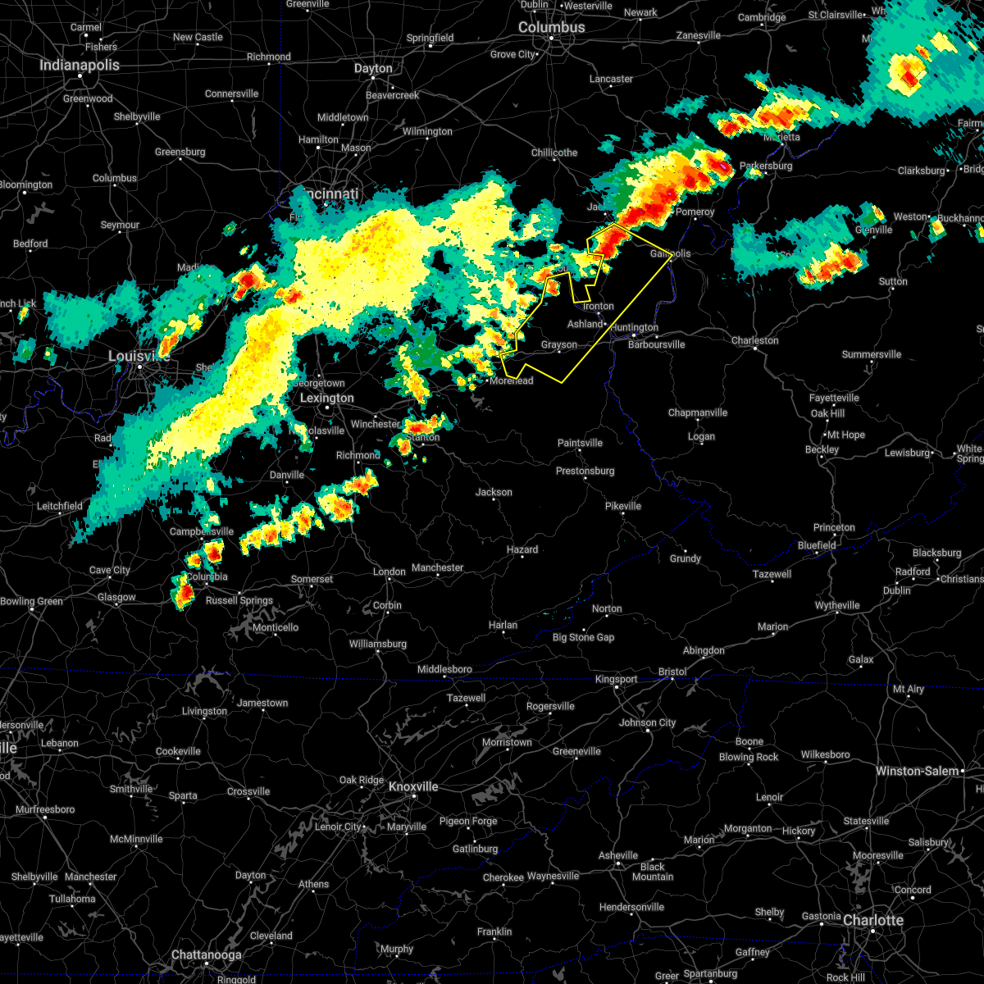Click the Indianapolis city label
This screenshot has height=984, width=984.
tap(80, 65)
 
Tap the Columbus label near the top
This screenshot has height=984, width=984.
tap(552, 27)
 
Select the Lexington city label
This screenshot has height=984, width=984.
tap(326, 398)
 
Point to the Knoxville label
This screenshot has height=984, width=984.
tap(413, 786)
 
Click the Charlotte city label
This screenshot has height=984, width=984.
tap(873, 920)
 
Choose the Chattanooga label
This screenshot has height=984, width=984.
tap(206, 954)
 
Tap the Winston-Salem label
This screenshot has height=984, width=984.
tap(917, 771)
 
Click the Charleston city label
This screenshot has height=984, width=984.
tap(754, 340)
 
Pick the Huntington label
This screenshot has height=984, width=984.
tap(634, 327)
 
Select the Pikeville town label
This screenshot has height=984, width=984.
tap(623, 506)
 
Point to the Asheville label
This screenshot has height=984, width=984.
tap(618, 855)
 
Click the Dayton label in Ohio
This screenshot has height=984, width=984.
tap(373, 68)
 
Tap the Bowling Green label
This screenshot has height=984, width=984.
tap(31, 601)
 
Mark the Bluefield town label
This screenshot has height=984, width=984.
tap(817, 545)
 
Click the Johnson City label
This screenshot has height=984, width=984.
tap(648, 722)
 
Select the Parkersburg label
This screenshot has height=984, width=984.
tap(766, 166)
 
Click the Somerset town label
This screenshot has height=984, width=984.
tap(312, 579)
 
